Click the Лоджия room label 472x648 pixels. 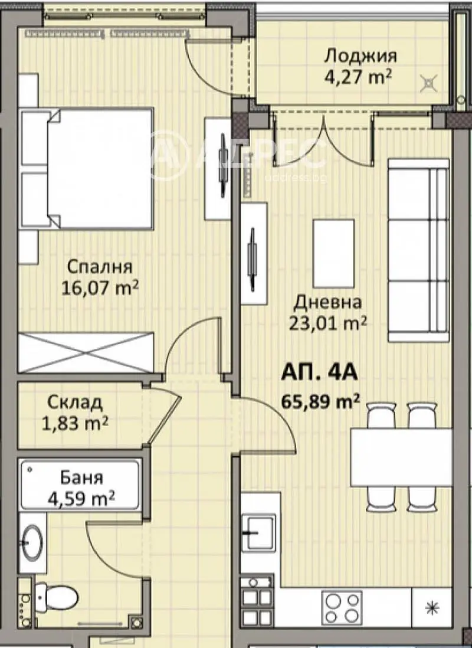[360, 56]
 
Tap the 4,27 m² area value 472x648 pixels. [358, 77]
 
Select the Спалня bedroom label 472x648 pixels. [100, 267]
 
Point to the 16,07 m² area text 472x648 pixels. [100, 287]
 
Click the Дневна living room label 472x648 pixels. [327, 303]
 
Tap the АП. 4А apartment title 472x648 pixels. [319, 373]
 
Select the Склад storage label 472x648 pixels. [75, 402]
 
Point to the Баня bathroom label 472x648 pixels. [81, 478]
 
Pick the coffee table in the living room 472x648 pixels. [333, 253]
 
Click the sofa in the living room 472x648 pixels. [418, 250]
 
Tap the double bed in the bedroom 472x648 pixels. [87, 168]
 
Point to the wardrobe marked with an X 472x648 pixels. [86, 352]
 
